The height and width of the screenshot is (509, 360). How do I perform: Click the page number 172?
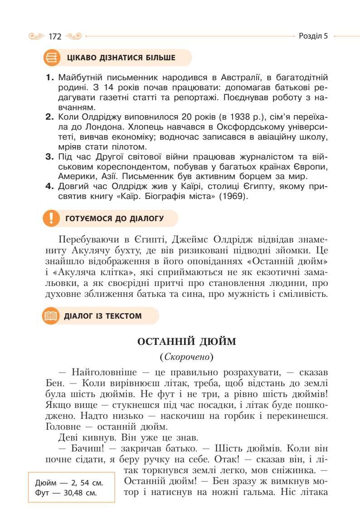[x=55, y=37]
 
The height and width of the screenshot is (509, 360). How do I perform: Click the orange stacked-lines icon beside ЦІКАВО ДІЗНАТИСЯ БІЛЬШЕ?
[x=52, y=58]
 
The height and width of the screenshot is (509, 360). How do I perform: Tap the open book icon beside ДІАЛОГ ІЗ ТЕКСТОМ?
[x=51, y=316]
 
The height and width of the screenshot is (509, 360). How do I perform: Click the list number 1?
[x=50, y=78]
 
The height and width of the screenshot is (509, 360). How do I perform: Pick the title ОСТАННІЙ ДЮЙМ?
[x=186, y=341]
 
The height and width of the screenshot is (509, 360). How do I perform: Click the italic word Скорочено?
[x=186, y=357]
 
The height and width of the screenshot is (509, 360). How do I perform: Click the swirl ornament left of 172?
[x=37, y=36]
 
